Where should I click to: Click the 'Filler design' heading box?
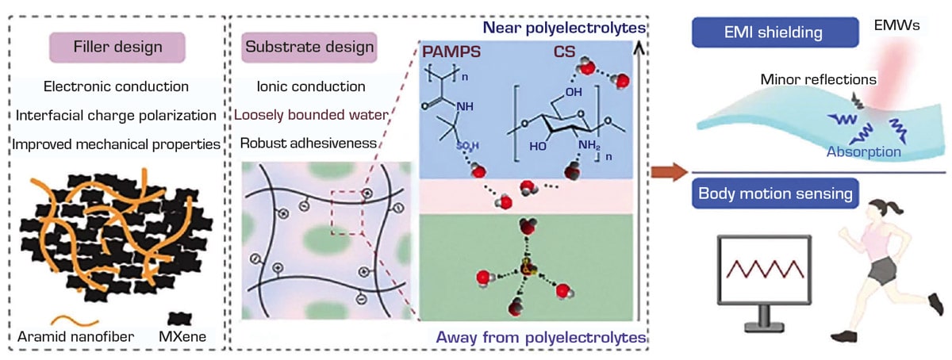[117, 47]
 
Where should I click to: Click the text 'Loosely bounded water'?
[311, 115]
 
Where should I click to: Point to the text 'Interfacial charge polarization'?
[117, 115]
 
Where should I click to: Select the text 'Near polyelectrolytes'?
[581, 29]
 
